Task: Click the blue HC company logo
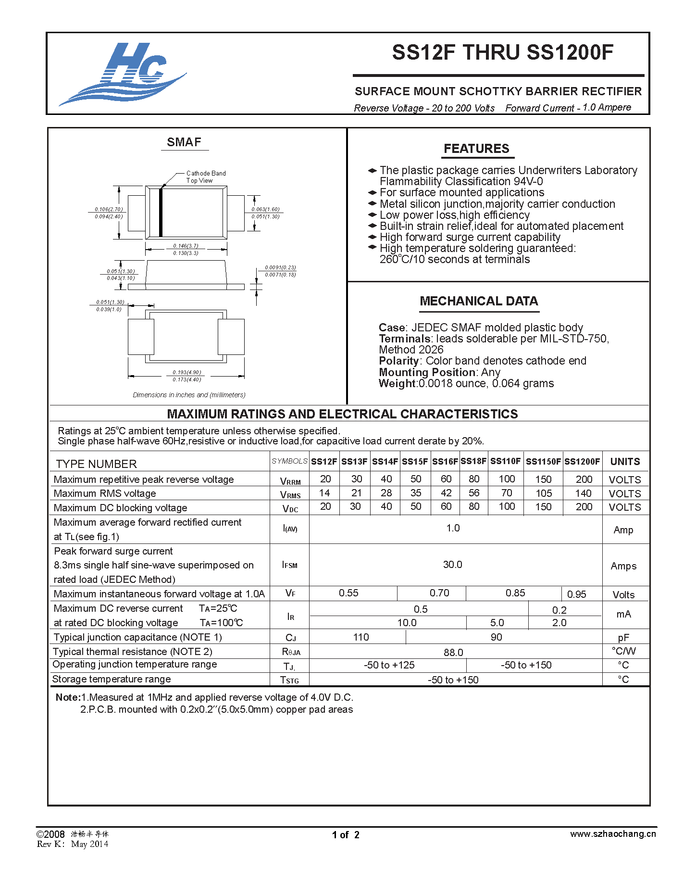click(123, 74)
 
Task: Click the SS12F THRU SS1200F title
click(502, 52)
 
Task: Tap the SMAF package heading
click(184, 142)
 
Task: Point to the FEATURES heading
click(476, 149)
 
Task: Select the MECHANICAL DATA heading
click(479, 301)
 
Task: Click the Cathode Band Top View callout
click(205, 177)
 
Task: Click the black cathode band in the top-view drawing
click(161, 213)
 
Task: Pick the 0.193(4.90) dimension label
click(187, 372)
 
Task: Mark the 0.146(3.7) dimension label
click(186, 246)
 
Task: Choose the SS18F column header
click(473, 461)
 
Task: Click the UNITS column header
click(625, 462)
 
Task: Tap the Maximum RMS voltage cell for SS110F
click(507, 493)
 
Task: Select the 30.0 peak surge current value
click(453, 565)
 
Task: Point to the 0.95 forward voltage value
click(576, 594)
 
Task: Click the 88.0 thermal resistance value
click(453, 653)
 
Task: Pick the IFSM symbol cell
click(290, 565)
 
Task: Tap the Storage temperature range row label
click(112, 679)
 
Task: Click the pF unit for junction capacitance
click(623, 638)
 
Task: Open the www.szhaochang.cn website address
click(613, 834)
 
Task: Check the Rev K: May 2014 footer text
click(73, 844)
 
